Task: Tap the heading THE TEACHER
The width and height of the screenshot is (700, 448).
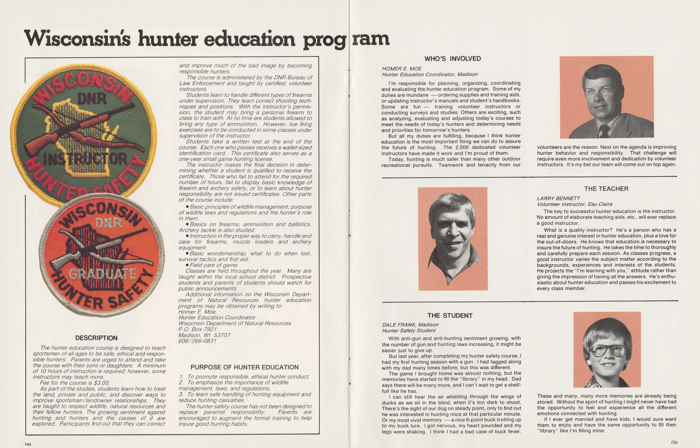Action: click(606, 189)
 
